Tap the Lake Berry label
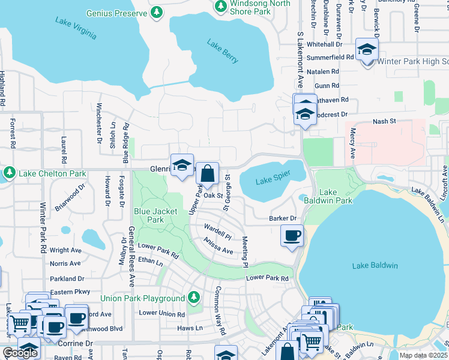click(223, 52)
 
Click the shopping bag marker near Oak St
click(207, 175)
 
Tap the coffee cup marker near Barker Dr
click(292, 235)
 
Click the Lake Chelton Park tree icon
click(9, 173)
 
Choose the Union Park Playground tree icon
click(193, 298)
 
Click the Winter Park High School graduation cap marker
click(366, 50)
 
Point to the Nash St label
click(384, 121)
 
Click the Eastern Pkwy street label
click(70, 292)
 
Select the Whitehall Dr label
click(324, 44)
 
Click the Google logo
click(20, 353)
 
